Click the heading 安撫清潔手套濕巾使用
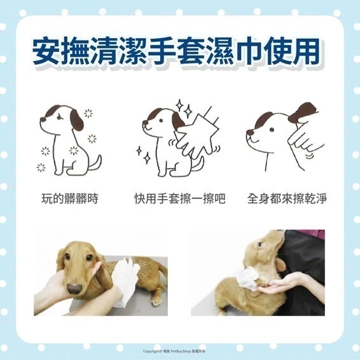(x=180, y=53)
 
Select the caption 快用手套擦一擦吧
(x=180, y=200)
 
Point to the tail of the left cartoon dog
(x=95, y=163)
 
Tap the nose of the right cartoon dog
(x=250, y=134)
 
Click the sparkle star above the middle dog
(x=179, y=105)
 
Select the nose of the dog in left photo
(x=74, y=288)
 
